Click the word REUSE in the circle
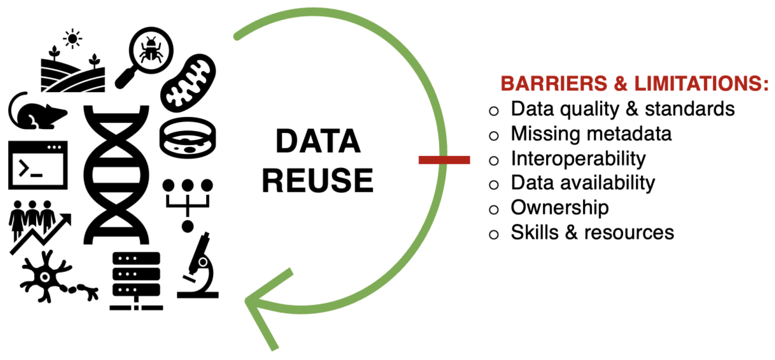(318, 180)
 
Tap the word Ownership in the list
(560, 208)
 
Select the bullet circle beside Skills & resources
(494, 234)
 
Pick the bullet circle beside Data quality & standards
(494, 111)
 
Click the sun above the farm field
(72, 39)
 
